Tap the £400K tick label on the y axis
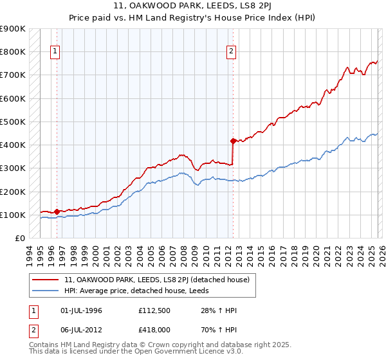[x=13, y=145]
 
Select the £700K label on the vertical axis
[x=13, y=75]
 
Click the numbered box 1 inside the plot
[x=56, y=52]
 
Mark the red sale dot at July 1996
[x=57, y=211]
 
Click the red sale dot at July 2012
[x=233, y=140]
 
